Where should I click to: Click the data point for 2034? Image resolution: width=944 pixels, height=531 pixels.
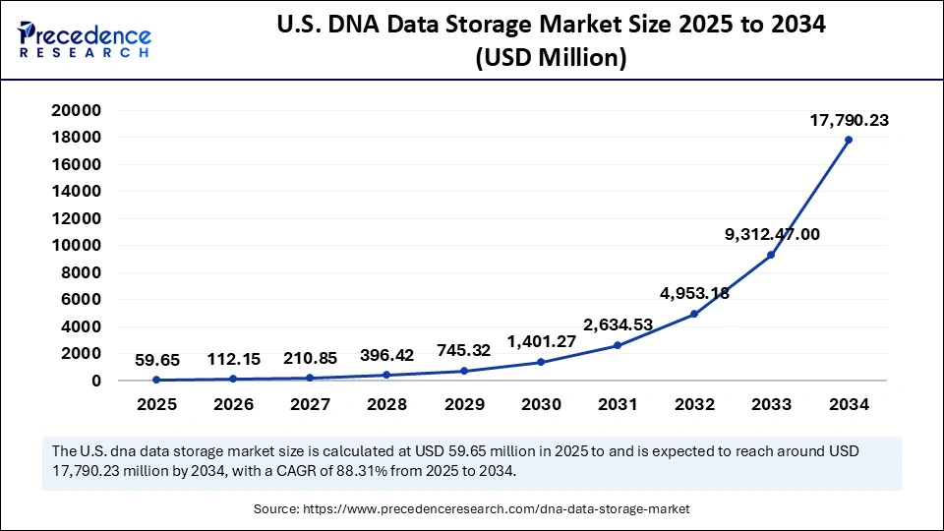tap(848, 140)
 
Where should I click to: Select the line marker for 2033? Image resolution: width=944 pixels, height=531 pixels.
tap(771, 255)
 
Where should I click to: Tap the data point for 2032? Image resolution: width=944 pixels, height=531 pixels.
tap(694, 314)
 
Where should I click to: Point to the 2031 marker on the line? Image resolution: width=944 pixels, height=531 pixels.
tap(618, 345)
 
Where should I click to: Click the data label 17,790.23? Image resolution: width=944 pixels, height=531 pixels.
tap(848, 120)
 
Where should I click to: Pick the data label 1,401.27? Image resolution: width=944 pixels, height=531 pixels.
tap(541, 341)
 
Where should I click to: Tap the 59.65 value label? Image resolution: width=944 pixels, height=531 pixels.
tap(156, 359)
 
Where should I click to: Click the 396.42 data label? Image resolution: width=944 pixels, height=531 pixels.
tap(387, 355)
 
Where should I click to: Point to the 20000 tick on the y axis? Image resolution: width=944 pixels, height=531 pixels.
tap(76, 110)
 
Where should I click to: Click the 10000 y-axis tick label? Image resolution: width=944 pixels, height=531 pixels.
tap(76, 245)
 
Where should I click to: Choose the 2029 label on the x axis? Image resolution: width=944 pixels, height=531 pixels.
tap(464, 404)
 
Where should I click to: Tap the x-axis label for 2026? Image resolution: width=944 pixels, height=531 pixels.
tap(233, 404)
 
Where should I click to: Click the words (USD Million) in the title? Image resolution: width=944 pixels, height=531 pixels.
tap(551, 60)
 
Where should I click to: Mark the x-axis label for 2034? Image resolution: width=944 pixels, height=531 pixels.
tap(848, 404)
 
